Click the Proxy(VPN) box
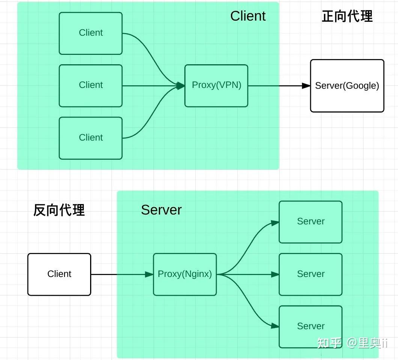[x=216, y=86]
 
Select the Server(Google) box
[x=347, y=86]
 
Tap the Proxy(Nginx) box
[x=185, y=274]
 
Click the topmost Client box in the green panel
[x=90, y=33]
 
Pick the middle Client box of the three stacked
[x=90, y=86]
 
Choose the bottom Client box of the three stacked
[x=90, y=138]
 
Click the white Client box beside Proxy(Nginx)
[x=59, y=274]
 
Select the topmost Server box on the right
[x=311, y=222]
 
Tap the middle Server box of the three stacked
[x=311, y=274]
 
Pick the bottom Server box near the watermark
[x=311, y=327]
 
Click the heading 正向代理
[x=347, y=17]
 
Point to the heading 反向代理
[x=59, y=210]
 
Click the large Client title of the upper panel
[x=248, y=16]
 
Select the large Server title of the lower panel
[x=161, y=210]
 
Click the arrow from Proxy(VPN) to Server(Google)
[x=278, y=86]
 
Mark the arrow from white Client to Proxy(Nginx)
[x=120, y=274]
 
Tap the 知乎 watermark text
[x=329, y=343]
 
